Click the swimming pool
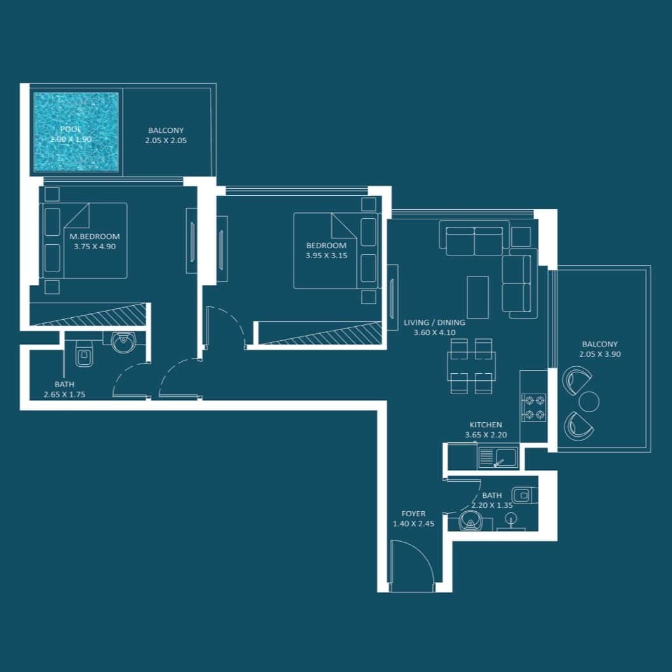[x=76, y=132]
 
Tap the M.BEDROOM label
[x=95, y=236]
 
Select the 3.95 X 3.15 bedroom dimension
[x=326, y=256]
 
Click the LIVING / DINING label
[x=434, y=322]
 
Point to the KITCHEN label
[x=486, y=425]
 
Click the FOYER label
[x=414, y=514]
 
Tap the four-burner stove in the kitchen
[x=533, y=408]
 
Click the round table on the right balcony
[x=589, y=402]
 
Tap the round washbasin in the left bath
[x=123, y=341]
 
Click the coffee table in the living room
[x=478, y=297]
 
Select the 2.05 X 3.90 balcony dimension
[x=600, y=354]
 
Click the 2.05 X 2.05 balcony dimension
[x=166, y=140]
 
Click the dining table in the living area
[x=472, y=366]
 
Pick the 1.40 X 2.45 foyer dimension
[x=414, y=523]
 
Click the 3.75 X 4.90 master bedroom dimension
[x=95, y=247]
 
